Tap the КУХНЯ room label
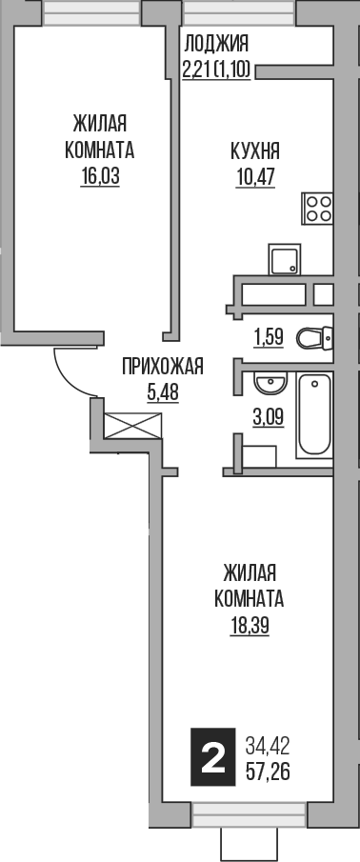tap(254, 150)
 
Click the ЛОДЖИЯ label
tap(216, 42)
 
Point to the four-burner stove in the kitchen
tap(317, 209)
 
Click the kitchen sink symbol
tap(284, 259)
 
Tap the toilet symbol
tap(312, 338)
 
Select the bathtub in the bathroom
tap(313, 415)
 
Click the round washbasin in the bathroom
tap(269, 384)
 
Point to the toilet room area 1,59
tap(269, 335)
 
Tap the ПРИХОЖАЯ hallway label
tap(162, 365)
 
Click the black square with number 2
tap(213, 758)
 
